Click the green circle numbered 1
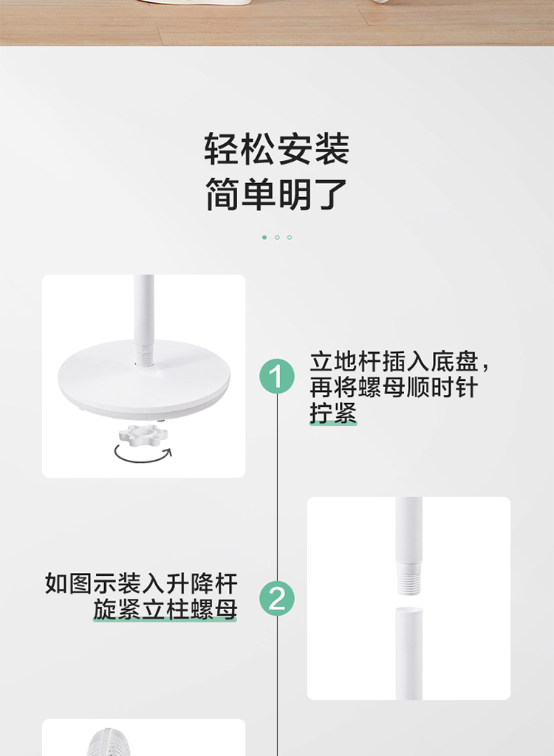(x=277, y=376)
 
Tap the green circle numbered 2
(x=277, y=598)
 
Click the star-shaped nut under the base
(x=143, y=436)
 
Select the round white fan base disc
(x=144, y=379)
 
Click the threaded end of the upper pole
(x=408, y=578)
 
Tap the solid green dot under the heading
(x=264, y=237)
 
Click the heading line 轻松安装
(x=277, y=149)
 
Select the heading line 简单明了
(x=277, y=194)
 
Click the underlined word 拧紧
(x=333, y=413)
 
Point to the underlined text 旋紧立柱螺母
(x=165, y=609)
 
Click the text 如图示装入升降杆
(x=141, y=583)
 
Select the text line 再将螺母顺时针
(x=394, y=387)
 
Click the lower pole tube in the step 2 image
(x=408, y=653)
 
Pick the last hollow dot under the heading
(x=290, y=237)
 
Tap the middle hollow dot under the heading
(x=277, y=237)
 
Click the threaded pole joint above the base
(x=144, y=355)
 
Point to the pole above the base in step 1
(x=144, y=309)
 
